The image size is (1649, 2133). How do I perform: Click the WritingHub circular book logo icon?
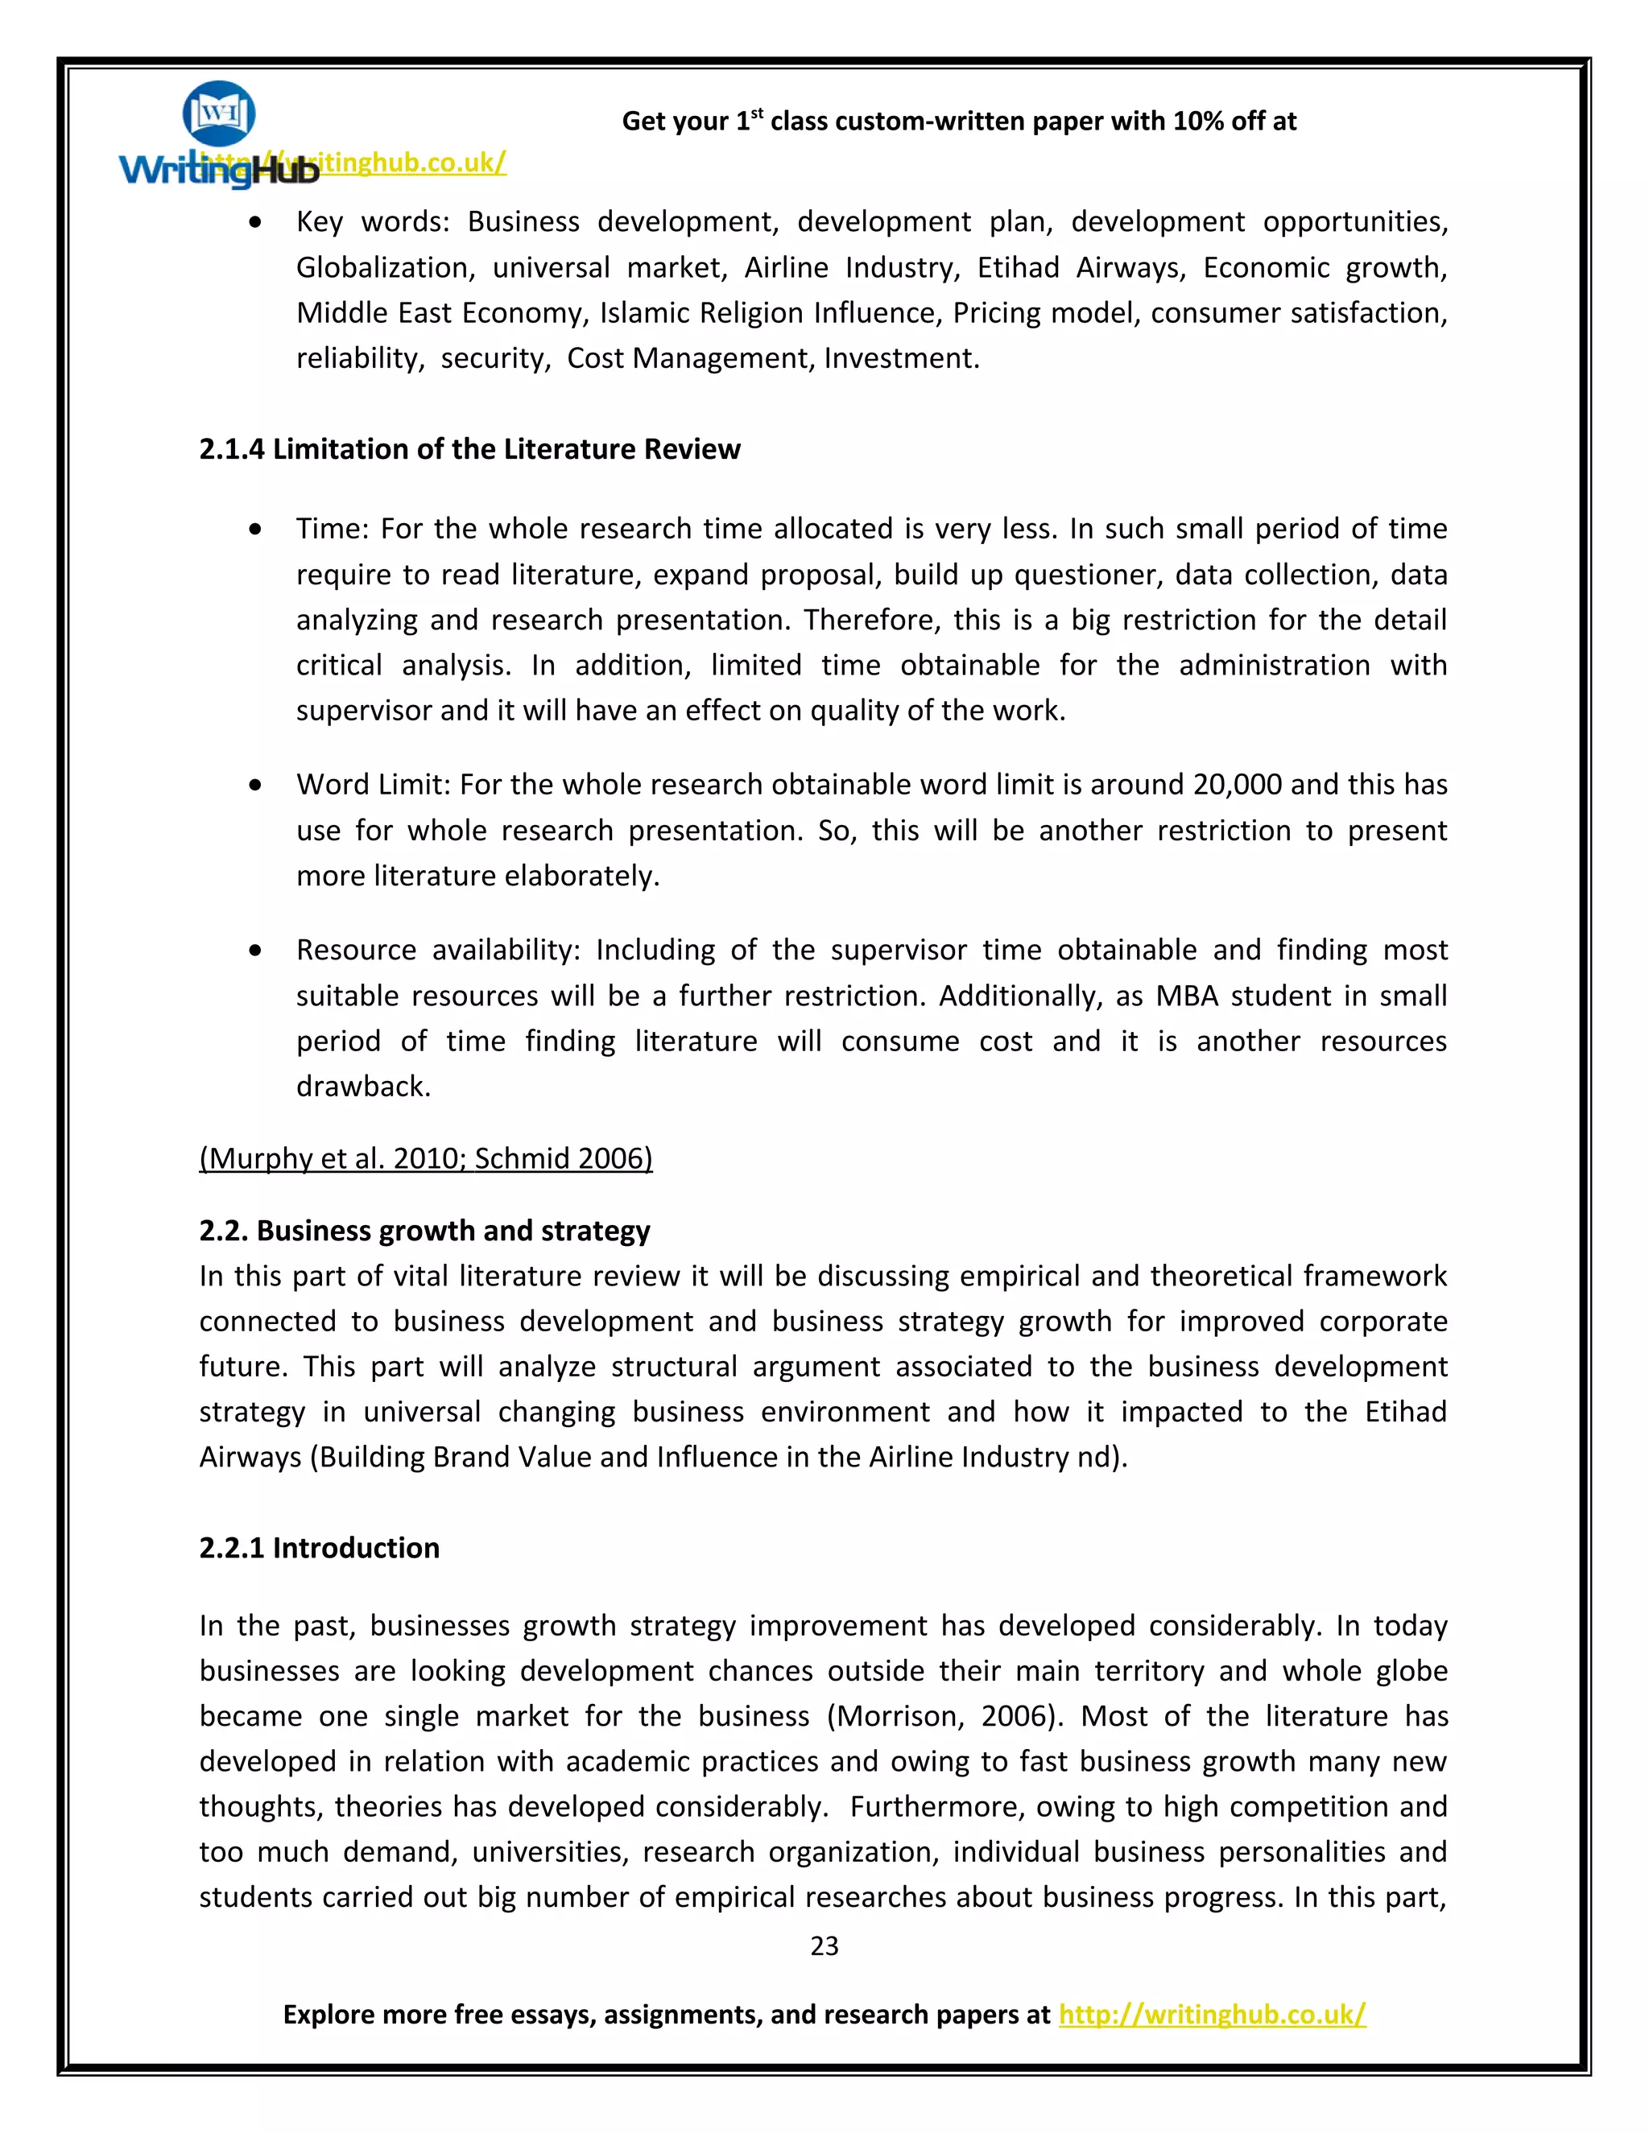click(x=219, y=113)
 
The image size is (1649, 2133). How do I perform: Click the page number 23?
click(x=824, y=1945)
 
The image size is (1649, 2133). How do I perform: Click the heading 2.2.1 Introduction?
click(x=319, y=1547)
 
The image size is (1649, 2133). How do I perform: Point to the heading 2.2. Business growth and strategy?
click(x=424, y=1230)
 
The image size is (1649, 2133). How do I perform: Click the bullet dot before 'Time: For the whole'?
click(x=255, y=530)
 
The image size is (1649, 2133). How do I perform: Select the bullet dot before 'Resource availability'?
click(x=255, y=951)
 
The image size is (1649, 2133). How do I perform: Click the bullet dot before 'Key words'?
click(x=255, y=223)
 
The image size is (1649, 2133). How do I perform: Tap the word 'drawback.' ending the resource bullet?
click(x=363, y=1086)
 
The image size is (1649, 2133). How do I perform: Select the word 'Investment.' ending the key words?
click(x=901, y=358)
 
